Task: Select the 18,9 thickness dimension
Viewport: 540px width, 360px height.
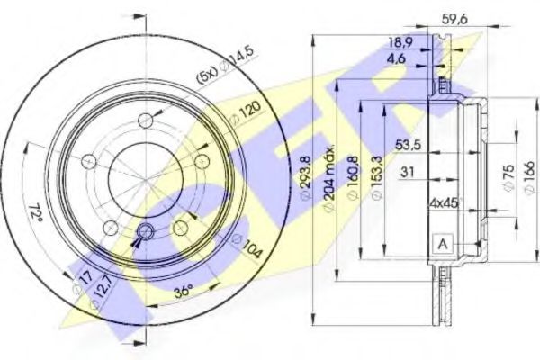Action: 400,42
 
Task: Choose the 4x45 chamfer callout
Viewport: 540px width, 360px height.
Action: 445,202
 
